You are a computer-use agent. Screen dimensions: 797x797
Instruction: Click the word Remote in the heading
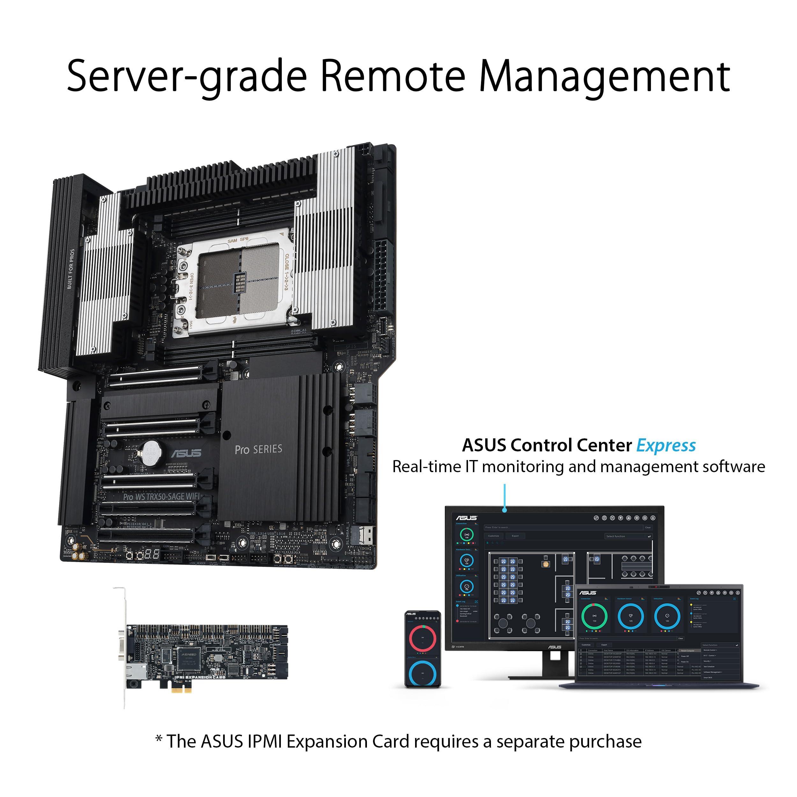[393, 76]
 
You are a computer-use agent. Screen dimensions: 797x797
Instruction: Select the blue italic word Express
[666, 446]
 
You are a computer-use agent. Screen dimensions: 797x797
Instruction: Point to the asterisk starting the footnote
[158, 738]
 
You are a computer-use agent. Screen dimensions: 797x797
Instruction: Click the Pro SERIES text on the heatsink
[258, 449]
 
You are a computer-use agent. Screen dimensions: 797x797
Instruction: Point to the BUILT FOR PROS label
[71, 268]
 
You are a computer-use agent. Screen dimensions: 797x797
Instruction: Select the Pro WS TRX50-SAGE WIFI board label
[161, 497]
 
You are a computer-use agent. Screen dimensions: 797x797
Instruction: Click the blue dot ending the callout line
[505, 510]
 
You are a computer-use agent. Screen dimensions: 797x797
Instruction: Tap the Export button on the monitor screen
[515, 536]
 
